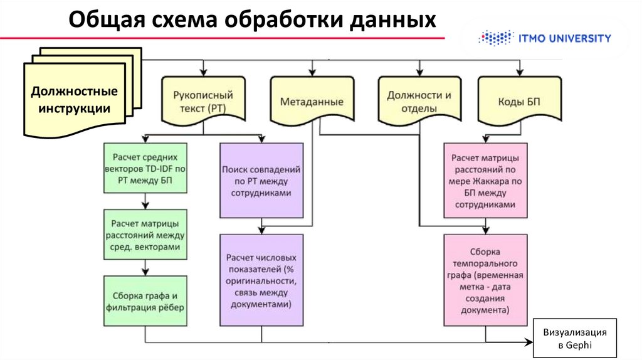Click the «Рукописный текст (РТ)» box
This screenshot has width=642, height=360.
tap(202, 100)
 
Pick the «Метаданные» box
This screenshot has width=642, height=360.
tap(312, 100)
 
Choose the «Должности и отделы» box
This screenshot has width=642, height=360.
tap(419, 100)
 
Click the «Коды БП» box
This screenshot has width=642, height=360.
tap(519, 100)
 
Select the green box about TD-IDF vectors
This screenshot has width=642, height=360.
tap(145, 169)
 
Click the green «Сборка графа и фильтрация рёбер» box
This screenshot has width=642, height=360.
tap(145, 301)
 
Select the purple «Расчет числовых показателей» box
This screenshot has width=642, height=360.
tap(262, 279)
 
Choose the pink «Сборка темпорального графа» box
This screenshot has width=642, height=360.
tap(485, 279)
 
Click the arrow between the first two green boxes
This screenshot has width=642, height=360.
tap(145, 201)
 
